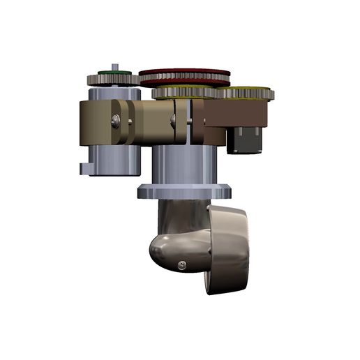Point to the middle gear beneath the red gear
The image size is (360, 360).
click(185, 92)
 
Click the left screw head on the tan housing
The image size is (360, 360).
click(116, 122)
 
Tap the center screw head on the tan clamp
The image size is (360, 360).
click(174, 122)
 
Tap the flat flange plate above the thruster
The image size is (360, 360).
click(184, 190)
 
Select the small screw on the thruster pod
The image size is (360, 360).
click(182, 264)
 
